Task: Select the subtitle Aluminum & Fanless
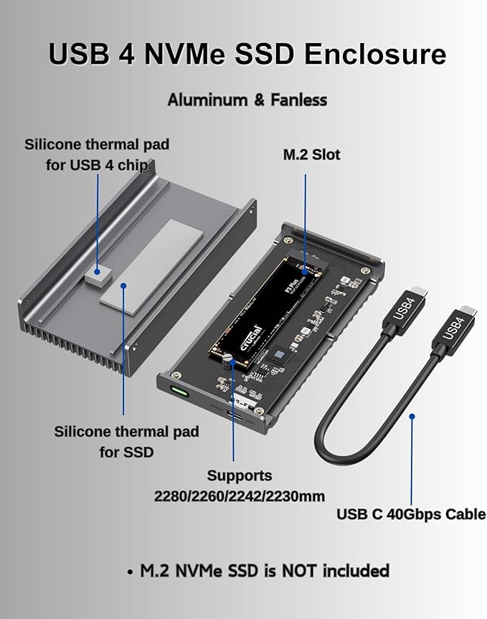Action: click(x=247, y=100)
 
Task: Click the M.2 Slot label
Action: click(x=311, y=154)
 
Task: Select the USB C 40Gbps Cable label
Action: click(x=411, y=514)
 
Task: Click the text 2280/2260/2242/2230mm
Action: click(x=240, y=496)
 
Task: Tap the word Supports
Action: click(x=240, y=476)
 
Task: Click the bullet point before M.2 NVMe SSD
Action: click(x=130, y=572)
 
